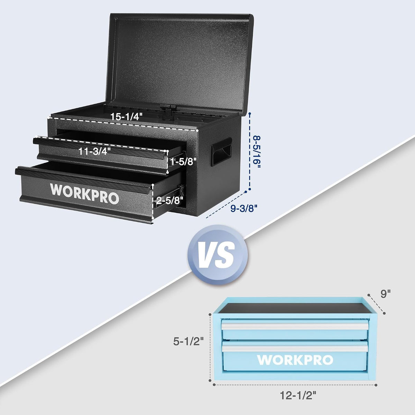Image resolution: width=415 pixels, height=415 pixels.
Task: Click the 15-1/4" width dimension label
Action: [127, 117]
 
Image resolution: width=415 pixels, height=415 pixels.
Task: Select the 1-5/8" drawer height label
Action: [183, 162]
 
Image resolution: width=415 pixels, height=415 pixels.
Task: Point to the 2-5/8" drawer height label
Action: [169, 201]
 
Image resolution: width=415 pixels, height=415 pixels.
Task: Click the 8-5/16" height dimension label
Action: [257, 152]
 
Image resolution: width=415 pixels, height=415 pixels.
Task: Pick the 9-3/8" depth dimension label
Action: [244, 208]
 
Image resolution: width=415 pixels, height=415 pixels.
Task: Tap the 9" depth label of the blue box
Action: [385, 294]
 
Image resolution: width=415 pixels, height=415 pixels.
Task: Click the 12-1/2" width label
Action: [298, 395]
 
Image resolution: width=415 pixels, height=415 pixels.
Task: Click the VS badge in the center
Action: [218, 255]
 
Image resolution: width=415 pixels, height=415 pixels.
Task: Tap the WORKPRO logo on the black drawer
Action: [84, 193]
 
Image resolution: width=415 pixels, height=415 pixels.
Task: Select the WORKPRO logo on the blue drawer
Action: [295, 360]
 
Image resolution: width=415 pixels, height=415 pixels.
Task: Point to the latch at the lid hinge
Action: [167, 112]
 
